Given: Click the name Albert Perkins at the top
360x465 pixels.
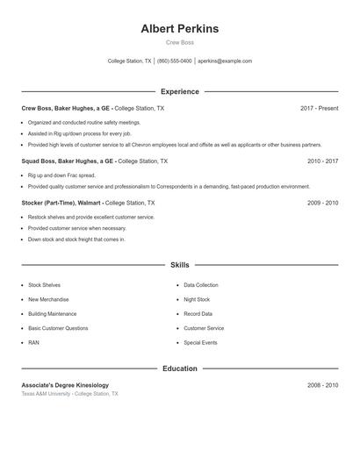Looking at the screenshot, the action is tap(179, 29).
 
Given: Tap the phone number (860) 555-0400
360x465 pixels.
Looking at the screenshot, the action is tap(174, 61).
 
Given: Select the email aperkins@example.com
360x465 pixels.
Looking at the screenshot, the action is tap(225, 61).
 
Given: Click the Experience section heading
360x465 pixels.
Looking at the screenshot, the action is tap(179, 91).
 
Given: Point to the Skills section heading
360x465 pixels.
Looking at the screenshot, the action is tap(179, 264).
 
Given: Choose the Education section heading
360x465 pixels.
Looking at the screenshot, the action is tap(179, 368).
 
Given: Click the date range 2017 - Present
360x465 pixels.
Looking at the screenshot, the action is tap(319, 108).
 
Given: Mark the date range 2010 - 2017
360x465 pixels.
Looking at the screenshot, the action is tap(322, 161).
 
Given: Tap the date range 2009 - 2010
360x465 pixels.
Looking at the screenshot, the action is tap(322, 203).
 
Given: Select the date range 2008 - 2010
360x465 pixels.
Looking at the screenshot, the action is tap(322, 385).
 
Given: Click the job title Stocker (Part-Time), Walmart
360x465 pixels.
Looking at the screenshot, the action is tap(61, 203).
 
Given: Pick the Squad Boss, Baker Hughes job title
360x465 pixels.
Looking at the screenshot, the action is tap(68, 161).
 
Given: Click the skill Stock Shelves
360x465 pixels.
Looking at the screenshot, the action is tap(44, 285).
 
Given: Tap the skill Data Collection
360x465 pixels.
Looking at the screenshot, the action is tap(201, 285).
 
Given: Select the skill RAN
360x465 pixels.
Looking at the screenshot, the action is tap(33, 343).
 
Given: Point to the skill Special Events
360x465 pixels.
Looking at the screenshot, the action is tap(200, 343).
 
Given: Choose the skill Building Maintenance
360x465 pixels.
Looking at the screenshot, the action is tap(52, 314).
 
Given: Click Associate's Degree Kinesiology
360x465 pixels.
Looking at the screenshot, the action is tap(65, 385).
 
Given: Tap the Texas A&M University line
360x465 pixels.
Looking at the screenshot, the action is tap(69, 395).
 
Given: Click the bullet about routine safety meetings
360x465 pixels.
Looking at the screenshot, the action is tap(83, 123).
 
